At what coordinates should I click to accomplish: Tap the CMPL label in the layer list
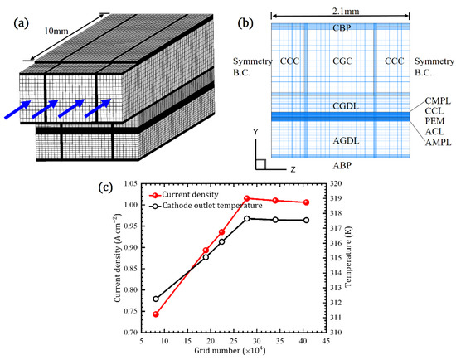tap(430, 101)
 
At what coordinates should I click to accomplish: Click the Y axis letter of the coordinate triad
tap(256, 132)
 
